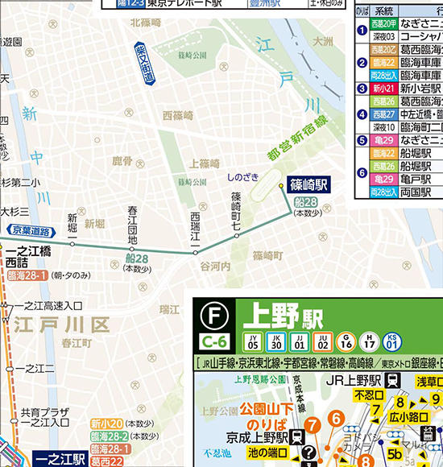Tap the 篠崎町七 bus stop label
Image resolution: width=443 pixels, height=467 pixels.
pos(236,213)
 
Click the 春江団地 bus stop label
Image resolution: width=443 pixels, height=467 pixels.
pos(133,226)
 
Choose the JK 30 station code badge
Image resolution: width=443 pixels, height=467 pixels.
pos(277,341)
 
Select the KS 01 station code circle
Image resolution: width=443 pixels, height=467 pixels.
pos(391,341)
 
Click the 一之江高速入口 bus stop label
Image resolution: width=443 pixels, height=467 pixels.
pos(48,306)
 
